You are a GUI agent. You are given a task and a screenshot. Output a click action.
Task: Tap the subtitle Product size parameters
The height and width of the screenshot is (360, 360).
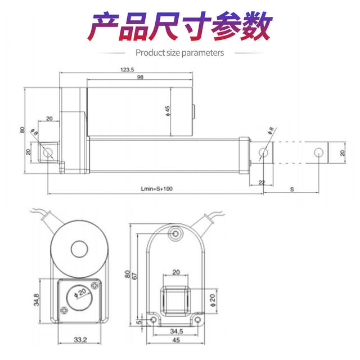180,53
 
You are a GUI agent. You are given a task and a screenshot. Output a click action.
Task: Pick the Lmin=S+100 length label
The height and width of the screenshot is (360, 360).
157,190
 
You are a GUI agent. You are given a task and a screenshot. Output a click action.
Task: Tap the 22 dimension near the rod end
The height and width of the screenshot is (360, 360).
261,182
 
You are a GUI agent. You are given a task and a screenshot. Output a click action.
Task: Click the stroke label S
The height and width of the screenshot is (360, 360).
291,190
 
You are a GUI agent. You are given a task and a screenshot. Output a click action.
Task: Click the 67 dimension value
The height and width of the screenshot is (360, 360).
134,277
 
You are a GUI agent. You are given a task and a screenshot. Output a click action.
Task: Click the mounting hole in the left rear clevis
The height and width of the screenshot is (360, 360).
49,152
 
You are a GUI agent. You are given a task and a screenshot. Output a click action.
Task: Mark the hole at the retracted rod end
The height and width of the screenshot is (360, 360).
263,152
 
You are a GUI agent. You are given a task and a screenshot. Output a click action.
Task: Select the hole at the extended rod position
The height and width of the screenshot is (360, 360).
318,152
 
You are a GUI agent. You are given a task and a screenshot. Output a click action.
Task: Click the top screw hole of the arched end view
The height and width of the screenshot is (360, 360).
177,233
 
